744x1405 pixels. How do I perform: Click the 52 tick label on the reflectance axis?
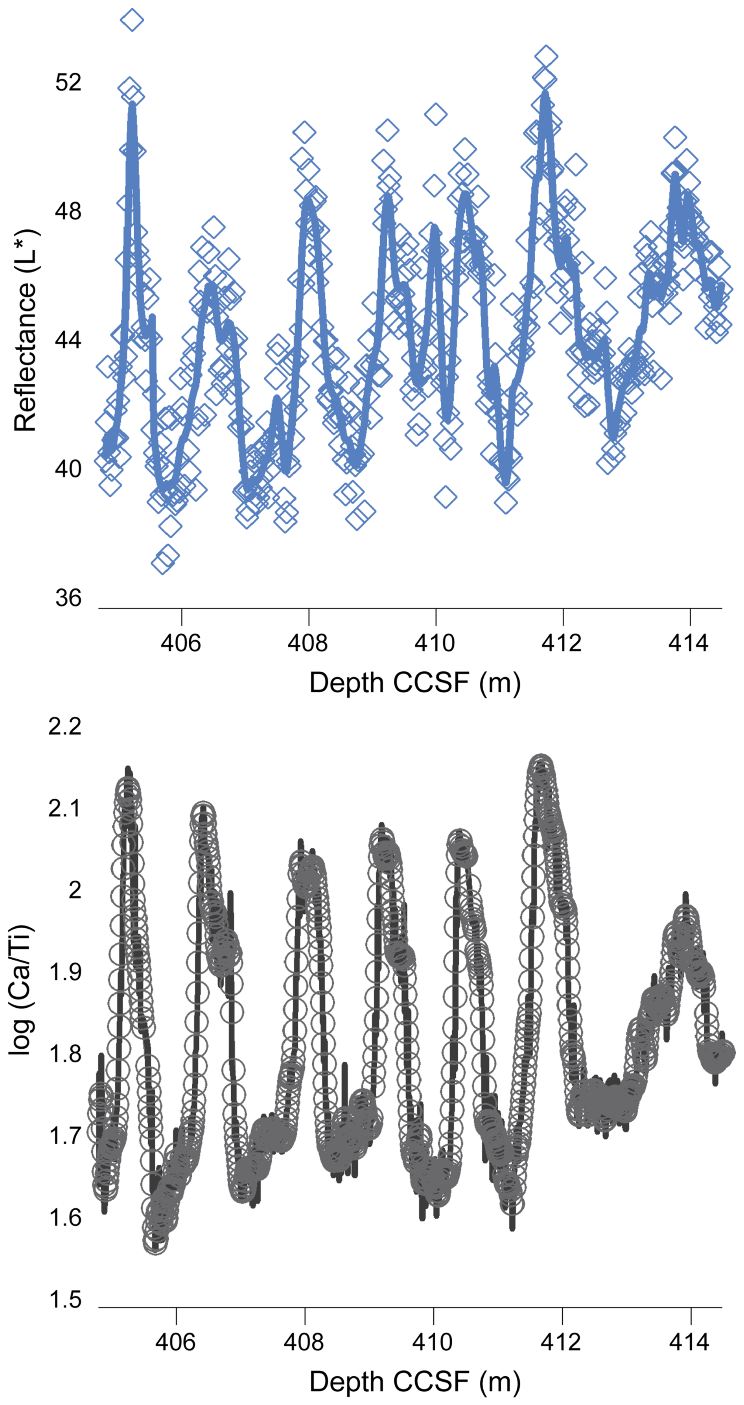point(68,82)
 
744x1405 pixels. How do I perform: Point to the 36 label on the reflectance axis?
point(68,598)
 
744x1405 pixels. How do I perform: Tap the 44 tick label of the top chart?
point(68,340)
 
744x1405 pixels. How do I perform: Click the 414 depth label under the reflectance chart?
point(689,643)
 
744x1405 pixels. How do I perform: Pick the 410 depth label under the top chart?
point(435,643)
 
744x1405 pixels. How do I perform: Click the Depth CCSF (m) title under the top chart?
point(414,682)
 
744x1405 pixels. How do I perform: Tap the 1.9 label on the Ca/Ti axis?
point(65,972)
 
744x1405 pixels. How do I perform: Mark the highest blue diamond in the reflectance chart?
point(132,20)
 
